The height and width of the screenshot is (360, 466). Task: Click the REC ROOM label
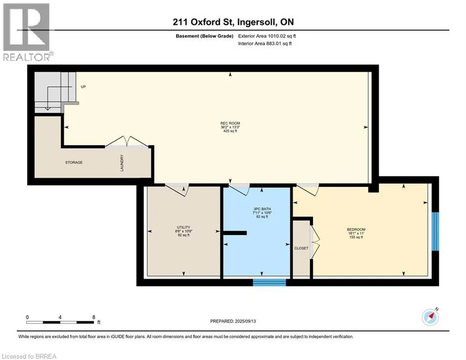(230, 123)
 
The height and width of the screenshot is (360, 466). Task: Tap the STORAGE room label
(74, 163)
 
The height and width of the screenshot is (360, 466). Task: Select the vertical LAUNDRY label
(122, 163)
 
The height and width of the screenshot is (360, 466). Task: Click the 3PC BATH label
(262, 209)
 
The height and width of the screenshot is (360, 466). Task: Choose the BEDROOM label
(356, 229)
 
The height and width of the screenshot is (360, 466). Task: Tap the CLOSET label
(301, 248)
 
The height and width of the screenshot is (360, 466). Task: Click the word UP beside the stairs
(83, 87)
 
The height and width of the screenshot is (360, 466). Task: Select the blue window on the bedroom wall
(435, 232)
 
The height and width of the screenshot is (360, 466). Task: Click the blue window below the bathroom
(269, 283)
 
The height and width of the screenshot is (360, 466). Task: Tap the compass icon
(430, 317)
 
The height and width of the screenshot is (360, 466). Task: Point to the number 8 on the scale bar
(94, 317)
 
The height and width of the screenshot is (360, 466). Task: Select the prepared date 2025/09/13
(245, 321)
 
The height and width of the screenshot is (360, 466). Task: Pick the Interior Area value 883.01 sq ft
(278, 44)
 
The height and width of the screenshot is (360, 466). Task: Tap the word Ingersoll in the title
(255, 22)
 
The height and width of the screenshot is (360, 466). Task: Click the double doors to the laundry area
(127, 142)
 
